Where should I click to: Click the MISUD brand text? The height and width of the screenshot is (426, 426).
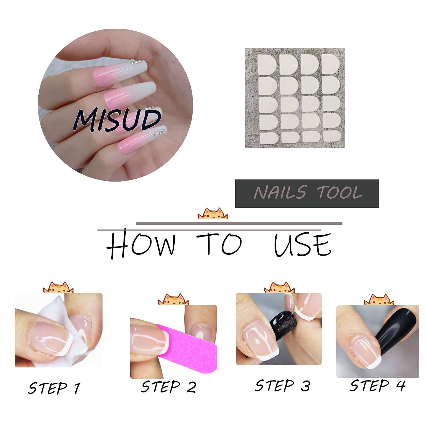(x=117, y=120)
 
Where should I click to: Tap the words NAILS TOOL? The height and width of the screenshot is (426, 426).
(x=308, y=192)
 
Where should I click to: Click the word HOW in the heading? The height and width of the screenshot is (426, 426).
(x=141, y=245)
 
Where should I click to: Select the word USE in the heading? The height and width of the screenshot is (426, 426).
(x=303, y=245)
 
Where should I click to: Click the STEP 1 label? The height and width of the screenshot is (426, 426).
(x=54, y=388)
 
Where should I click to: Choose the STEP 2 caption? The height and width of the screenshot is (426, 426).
(x=169, y=387)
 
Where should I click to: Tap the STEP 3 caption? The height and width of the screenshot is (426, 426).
(x=282, y=386)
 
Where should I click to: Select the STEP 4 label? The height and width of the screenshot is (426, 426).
(x=378, y=386)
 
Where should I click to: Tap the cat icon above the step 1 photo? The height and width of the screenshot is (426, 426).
(x=58, y=287)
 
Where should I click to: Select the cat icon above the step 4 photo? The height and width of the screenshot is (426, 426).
(x=379, y=300)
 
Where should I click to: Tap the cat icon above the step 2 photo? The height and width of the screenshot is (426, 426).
(x=173, y=299)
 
